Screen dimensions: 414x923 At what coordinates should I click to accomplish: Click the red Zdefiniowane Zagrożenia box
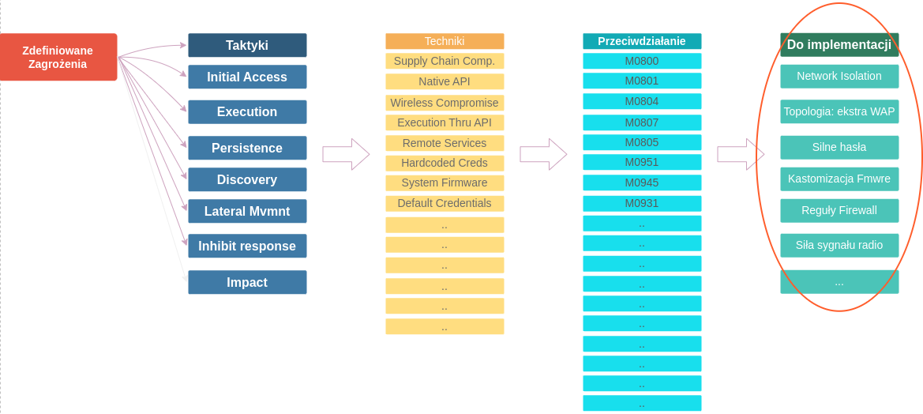pos(58,57)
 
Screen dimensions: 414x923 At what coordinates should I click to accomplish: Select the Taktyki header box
pos(247,45)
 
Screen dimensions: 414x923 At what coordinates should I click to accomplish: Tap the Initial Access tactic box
pos(247,77)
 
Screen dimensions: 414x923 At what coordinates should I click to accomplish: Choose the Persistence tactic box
pos(247,148)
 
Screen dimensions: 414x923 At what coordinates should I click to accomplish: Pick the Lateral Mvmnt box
pos(247,211)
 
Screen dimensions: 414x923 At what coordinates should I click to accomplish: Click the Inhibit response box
pos(247,246)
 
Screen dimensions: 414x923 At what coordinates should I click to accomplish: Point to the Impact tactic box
pos(247,282)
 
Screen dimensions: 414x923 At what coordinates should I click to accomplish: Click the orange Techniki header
pos(445,41)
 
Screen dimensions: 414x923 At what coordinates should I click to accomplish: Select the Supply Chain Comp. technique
pos(445,61)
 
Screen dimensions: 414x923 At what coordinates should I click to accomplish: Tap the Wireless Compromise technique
pos(445,103)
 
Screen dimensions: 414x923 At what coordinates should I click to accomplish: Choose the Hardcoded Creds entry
pos(445,163)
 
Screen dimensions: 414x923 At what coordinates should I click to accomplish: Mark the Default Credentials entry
pos(445,203)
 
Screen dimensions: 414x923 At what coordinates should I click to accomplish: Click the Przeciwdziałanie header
pos(642,41)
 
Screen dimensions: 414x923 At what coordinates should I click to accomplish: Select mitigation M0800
pos(642,61)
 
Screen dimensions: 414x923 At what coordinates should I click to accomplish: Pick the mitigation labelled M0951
pos(642,162)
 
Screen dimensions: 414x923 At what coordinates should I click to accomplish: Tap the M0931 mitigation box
pos(642,203)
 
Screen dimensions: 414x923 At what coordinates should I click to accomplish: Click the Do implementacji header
pos(839,44)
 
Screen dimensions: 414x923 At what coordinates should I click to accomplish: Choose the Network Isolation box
pos(839,76)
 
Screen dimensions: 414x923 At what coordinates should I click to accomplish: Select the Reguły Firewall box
pos(839,210)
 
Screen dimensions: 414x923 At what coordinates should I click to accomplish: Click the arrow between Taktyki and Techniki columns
pos(346,154)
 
